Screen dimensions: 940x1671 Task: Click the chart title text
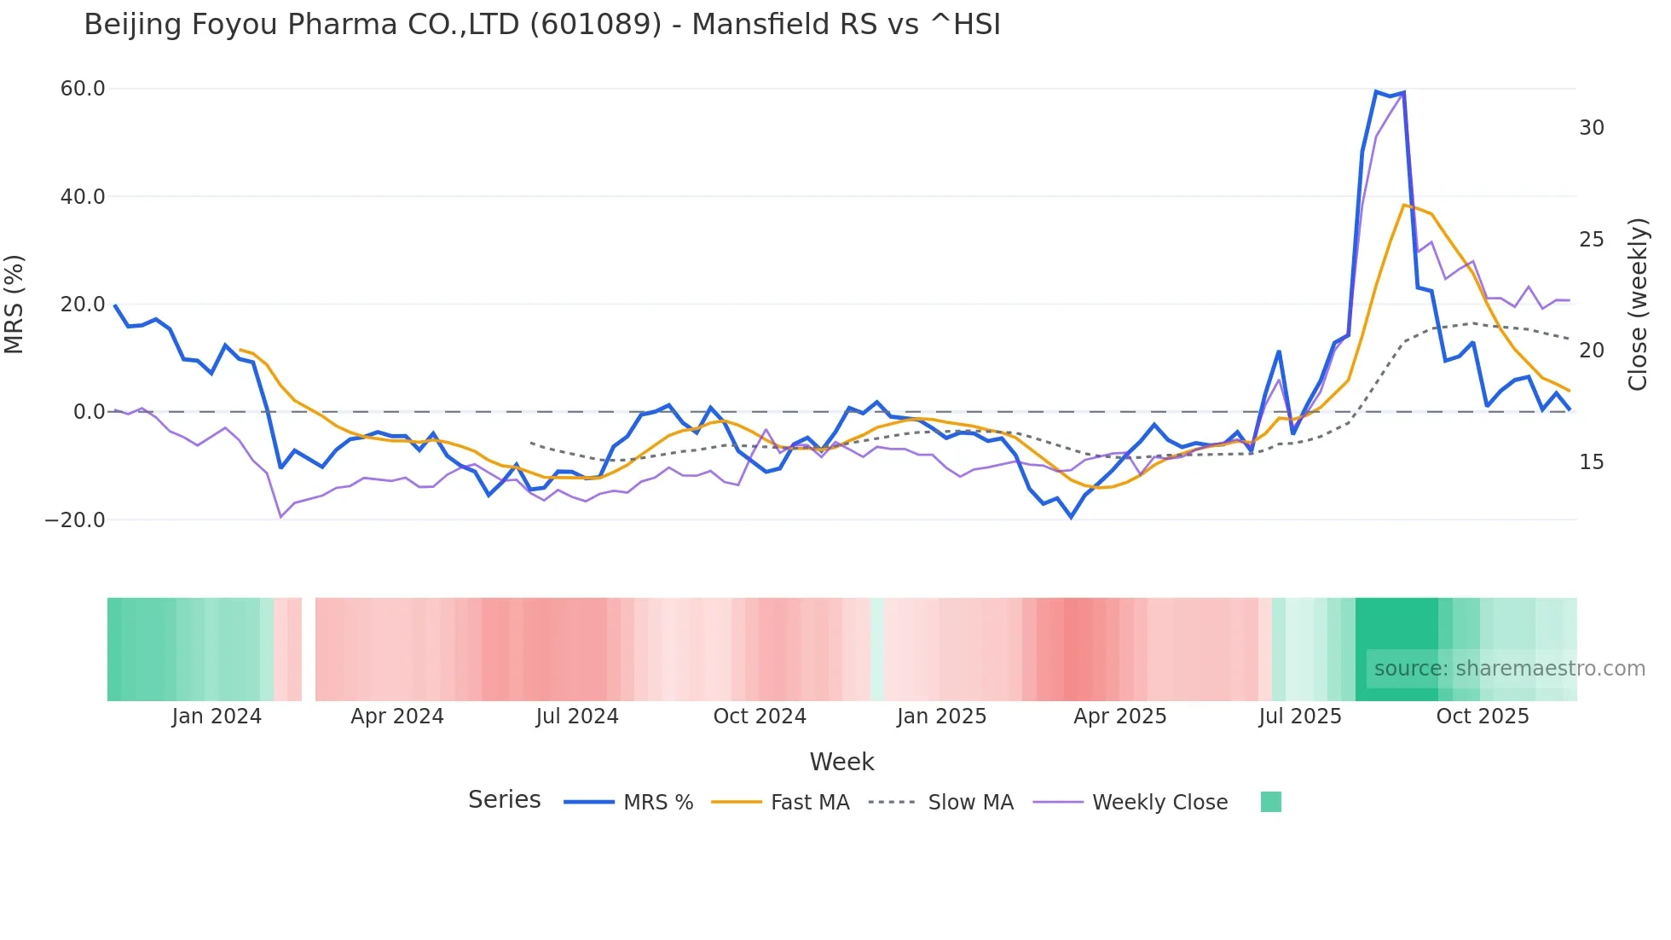click(x=542, y=25)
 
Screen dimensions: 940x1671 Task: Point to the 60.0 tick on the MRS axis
click(x=83, y=89)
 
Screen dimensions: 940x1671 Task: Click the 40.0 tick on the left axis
click(x=83, y=197)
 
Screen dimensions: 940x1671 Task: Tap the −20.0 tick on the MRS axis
click(x=75, y=520)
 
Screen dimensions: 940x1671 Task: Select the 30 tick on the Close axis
click(x=1592, y=128)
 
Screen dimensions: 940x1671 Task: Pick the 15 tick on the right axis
click(x=1592, y=462)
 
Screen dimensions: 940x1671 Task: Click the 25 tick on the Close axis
click(x=1592, y=240)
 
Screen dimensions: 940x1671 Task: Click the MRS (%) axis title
click(x=14, y=304)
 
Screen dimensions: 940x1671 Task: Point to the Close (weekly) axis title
click(x=1638, y=304)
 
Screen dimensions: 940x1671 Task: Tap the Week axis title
click(x=841, y=762)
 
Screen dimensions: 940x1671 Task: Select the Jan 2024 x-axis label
click(x=217, y=717)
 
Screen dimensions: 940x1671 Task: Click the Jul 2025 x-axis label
click(x=1300, y=717)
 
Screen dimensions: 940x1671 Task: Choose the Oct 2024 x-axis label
click(x=760, y=717)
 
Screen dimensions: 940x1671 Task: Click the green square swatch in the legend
click(x=1271, y=802)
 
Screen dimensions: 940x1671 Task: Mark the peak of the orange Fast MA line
click(x=1403, y=205)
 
